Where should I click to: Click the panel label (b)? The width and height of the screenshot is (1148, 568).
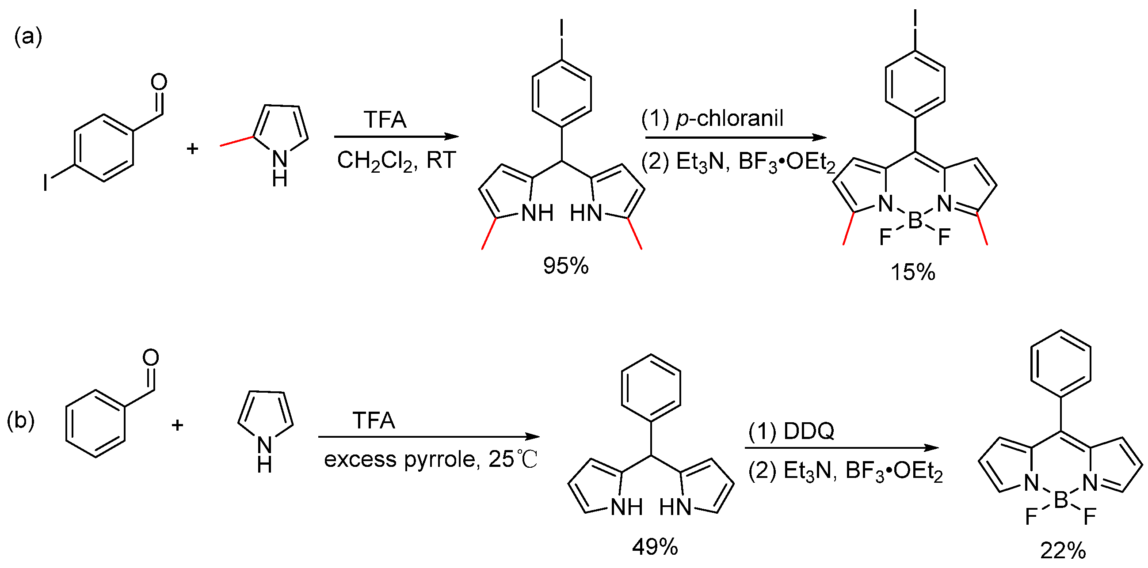(x=20, y=420)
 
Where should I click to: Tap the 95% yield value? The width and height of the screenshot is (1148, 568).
(x=565, y=266)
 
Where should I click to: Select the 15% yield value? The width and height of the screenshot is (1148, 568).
(x=913, y=272)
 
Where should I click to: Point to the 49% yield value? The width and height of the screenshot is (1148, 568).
(x=655, y=547)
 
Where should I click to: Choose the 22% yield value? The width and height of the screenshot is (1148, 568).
(x=1063, y=551)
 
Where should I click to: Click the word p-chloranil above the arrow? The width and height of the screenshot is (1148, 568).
(x=729, y=118)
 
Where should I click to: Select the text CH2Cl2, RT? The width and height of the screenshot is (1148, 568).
(x=396, y=160)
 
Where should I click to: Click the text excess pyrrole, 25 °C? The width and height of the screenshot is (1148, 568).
(x=431, y=459)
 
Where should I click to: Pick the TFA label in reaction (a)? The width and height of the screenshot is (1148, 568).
(x=385, y=119)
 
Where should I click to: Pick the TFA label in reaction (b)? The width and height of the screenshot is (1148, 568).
(x=374, y=420)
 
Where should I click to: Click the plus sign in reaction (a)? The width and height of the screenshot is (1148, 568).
(x=192, y=149)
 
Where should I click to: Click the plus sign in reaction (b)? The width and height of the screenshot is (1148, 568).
(x=177, y=425)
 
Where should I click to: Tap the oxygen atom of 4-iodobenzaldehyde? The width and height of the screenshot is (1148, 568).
(x=159, y=82)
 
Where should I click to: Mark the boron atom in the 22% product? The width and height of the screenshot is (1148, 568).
(x=1061, y=500)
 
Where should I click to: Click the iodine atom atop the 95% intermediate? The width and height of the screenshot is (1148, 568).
(x=561, y=27)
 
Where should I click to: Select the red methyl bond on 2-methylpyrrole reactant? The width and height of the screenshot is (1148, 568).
(x=236, y=140)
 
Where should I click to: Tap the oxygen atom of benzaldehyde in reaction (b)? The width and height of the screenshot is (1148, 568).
(x=151, y=357)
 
